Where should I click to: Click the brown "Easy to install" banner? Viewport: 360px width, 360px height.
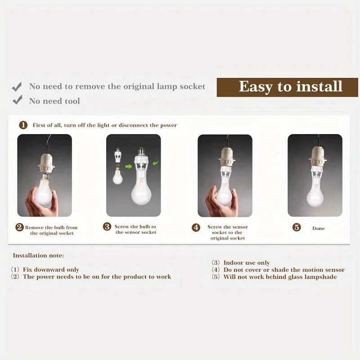tap(287, 87)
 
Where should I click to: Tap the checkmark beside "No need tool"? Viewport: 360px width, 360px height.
tap(17, 100)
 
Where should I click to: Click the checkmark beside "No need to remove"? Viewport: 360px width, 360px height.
tap(17, 87)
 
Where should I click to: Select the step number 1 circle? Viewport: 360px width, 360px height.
tap(23, 125)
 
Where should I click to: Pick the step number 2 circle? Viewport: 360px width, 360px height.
tap(19, 227)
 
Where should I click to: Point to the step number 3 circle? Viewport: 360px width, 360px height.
tap(107, 226)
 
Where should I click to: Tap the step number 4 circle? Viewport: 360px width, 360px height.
tap(196, 228)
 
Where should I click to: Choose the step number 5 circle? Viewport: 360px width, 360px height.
tap(297, 227)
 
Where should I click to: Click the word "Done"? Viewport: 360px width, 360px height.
tap(319, 229)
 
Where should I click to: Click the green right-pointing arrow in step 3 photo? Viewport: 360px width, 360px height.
tap(129, 166)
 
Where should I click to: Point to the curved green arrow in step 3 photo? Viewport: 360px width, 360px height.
tap(155, 163)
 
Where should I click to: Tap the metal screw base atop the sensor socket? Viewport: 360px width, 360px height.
tap(141, 151)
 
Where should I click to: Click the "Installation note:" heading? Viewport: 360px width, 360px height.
tap(38, 256)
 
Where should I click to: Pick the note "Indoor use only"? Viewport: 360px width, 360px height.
tap(247, 263)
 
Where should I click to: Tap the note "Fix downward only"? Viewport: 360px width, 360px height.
tap(51, 270)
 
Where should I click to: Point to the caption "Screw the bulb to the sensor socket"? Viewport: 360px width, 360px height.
tap(135, 229)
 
